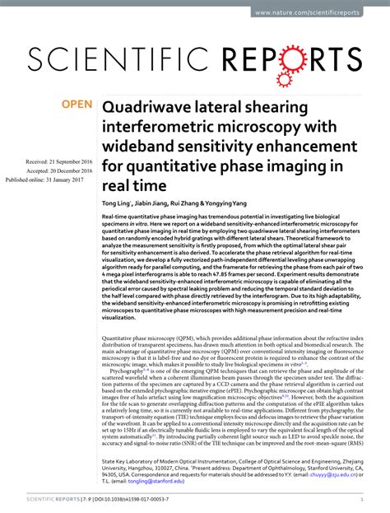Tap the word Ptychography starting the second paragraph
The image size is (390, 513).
(128, 371)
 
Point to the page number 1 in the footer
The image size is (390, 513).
(362, 499)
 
